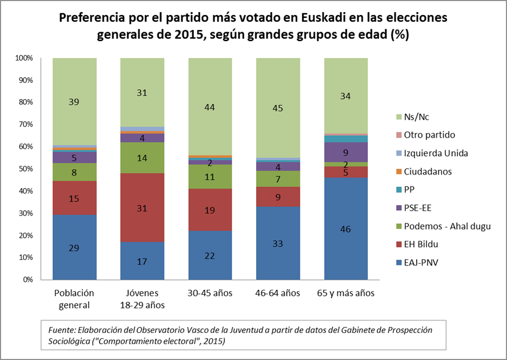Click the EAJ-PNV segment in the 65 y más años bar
346,229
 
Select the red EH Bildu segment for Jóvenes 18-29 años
142,208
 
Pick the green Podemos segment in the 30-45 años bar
210,177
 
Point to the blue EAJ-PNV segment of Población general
74,247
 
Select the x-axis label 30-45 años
210,293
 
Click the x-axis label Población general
74,299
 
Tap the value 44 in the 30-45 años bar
210,107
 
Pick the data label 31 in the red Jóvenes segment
142,209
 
